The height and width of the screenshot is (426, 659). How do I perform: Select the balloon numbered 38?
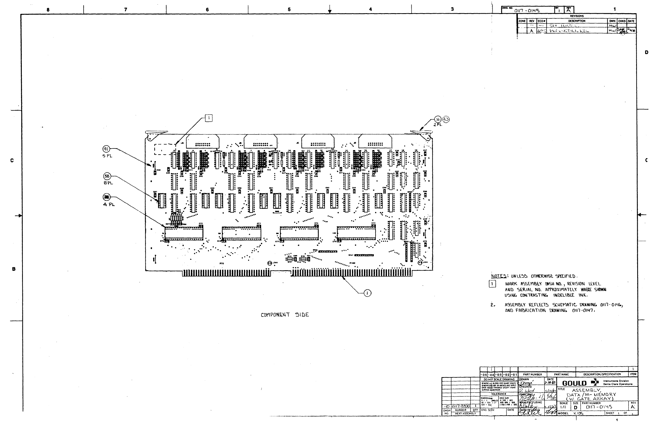point(107,176)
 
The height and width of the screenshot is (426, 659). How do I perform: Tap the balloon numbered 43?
point(446,119)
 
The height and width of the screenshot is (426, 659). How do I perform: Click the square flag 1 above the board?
point(209,118)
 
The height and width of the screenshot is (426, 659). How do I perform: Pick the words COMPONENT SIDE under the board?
point(285,315)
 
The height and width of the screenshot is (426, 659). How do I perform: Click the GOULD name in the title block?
point(574,384)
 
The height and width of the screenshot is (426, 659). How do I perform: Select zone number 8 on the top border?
point(48,10)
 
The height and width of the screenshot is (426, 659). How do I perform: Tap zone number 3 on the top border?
point(452,9)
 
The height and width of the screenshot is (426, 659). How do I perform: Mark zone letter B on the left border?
point(13,269)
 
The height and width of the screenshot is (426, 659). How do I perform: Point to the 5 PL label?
point(107,156)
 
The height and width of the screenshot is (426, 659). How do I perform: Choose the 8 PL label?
point(108,183)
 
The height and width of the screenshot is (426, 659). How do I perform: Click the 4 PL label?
point(109,204)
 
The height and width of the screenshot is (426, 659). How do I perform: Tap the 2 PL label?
point(438,125)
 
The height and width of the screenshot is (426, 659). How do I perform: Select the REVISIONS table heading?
point(577,16)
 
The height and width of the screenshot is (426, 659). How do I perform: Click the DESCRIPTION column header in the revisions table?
point(577,21)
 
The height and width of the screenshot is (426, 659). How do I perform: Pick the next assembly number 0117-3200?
point(461,406)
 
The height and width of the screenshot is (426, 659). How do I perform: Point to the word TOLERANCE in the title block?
point(499,394)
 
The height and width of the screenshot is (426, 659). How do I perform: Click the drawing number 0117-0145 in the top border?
point(527,11)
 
